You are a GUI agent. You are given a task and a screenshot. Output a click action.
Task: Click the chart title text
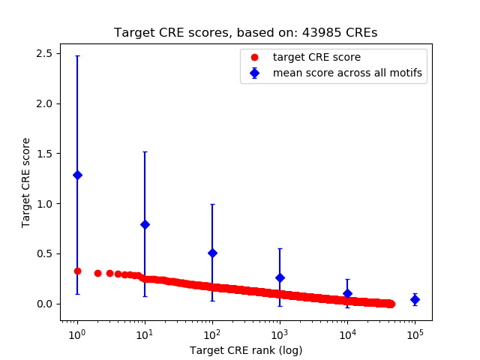point(246,33)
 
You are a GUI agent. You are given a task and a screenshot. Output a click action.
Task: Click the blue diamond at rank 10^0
point(77,175)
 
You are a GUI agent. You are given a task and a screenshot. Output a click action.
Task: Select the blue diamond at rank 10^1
point(145,224)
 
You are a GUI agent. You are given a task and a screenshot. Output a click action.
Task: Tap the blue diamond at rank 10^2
point(212,253)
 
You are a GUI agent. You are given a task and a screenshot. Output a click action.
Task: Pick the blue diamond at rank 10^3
point(280,277)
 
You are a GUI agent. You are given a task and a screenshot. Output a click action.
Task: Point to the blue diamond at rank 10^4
point(347,293)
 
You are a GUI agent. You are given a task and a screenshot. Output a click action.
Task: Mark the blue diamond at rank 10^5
point(415,299)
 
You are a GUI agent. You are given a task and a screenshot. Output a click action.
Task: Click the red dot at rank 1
point(77,271)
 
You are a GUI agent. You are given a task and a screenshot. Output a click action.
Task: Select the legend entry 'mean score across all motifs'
point(346,73)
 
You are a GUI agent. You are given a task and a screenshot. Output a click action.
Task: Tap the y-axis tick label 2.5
point(43,53)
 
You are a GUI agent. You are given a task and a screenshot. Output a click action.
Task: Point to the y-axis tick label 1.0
point(43,203)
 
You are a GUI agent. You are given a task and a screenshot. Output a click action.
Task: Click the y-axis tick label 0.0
point(43,304)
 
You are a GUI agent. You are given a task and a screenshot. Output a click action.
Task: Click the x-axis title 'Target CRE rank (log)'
point(246,349)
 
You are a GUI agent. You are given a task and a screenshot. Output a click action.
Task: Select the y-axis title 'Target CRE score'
point(25,182)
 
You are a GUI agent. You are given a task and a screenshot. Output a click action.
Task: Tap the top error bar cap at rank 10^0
point(77,55)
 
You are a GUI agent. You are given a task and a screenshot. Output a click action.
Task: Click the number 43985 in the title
point(319,33)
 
